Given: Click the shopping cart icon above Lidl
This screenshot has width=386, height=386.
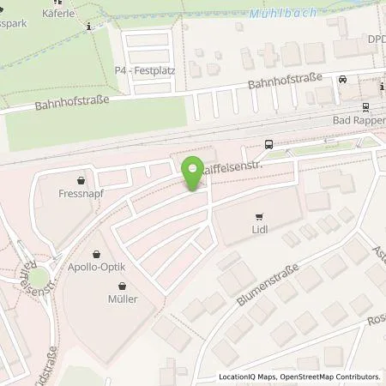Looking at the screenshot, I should point(258,216).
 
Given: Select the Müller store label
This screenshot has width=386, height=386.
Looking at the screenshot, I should point(121,299).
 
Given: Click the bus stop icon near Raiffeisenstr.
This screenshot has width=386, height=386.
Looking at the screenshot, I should point(269,143).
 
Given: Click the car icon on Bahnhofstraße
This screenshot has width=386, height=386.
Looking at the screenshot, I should point(342,79).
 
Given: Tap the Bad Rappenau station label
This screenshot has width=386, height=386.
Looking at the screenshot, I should point(359,121).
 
